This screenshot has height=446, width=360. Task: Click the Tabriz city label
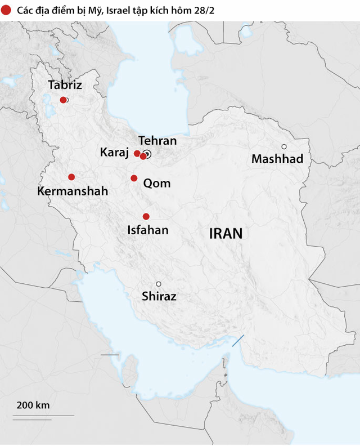pyautogui.click(x=65, y=86)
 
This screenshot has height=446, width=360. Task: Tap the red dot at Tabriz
pyautogui.click(x=63, y=100)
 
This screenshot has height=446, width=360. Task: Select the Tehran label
pyautogui.click(x=157, y=141)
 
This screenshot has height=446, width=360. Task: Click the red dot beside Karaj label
pyautogui.click(x=137, y=153)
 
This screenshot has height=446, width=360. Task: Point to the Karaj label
pyautogui.click(x=115, y=153)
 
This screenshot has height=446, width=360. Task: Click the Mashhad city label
pyautogui.click(x=277, y=159)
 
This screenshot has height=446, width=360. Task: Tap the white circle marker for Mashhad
pyautogui.click(x=284, y=146)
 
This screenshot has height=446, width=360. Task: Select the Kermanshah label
pyautogui.click(x=73, y=191)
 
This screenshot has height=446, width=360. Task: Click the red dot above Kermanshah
pyautogui.click(x=71, y=177)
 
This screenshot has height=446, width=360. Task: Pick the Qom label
pyautogui.click(x=157, y=184)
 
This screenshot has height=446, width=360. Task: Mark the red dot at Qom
pyautogui.click(x=134, y=179)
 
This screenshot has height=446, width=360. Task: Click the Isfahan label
pyautogui.click(x=148, y=230)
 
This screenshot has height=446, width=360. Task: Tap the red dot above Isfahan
pyautogui.click(x=146, y=216)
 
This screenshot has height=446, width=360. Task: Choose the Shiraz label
pyautogui.click(x=159, y=296)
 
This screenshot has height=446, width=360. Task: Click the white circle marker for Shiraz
pyautogui.click(x=159, y=284)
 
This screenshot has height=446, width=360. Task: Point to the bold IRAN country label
pyautogui.click(x=226, y=234)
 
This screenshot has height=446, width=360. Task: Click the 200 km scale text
pyautogui.click(x=33, y=405)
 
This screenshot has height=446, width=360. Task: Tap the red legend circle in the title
pyautogui.click(x=6, y=11)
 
